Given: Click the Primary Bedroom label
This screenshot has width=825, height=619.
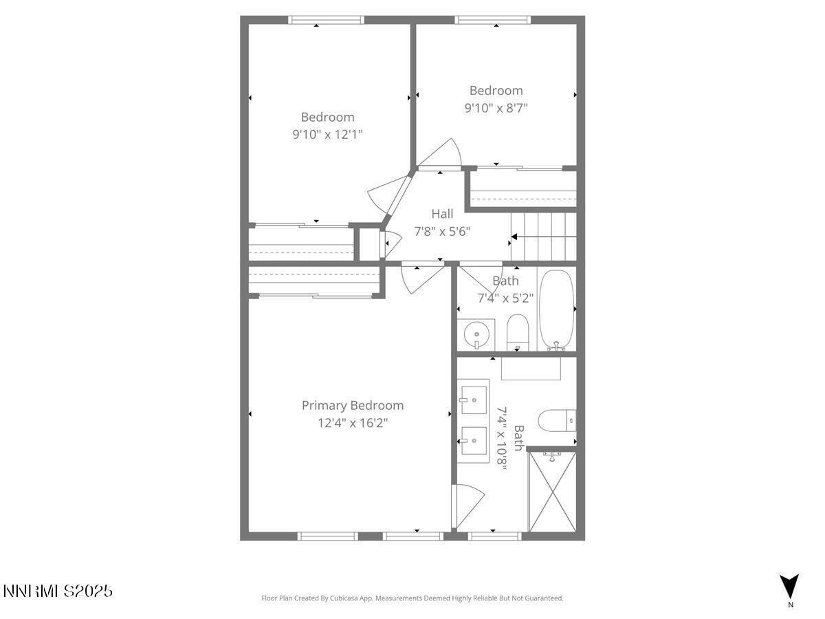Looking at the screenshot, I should pos(353,406).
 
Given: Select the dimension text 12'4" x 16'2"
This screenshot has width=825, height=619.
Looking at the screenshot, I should pos(353,423).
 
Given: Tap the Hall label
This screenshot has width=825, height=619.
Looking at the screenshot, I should pos(442,214).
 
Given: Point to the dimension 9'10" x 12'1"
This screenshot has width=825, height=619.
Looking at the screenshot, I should pos(327,135).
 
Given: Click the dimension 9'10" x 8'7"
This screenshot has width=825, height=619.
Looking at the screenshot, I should pos(496,108).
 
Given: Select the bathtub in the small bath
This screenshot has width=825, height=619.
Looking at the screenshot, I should pos(556,309).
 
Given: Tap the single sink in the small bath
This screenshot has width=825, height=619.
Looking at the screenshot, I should pos(476,335).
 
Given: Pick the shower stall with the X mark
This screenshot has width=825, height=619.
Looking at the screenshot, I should pos(552,492).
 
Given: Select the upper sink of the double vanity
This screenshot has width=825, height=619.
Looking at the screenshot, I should pos(474,398).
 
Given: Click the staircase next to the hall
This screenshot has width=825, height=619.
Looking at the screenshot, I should pos(543,237).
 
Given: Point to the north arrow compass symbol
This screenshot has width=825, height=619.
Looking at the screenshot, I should pos(790,587).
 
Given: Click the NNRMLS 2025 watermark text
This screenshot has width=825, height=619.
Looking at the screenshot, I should pos(58,591).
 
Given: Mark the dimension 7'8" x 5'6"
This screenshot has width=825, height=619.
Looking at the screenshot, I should pos(442,232).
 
